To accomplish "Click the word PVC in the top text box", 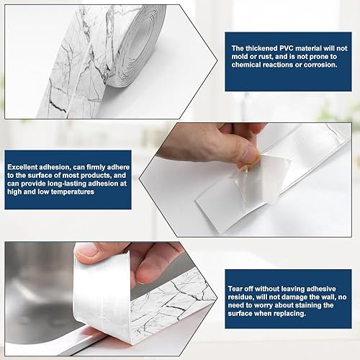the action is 287,48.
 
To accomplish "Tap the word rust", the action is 264,57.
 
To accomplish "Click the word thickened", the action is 261,48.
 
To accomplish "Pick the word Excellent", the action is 22,167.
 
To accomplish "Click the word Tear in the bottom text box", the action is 235,289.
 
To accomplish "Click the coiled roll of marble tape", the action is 135,45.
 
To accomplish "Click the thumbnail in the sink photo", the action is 86,251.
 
